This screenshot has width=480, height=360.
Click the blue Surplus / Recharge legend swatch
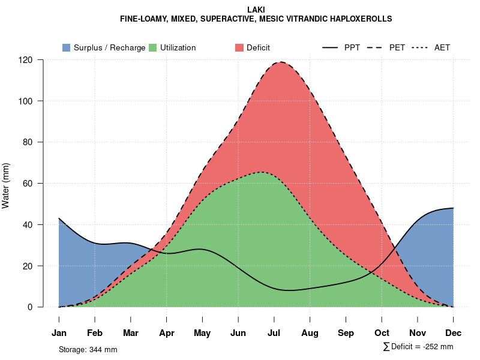pyautogui.click(x=66, y=47)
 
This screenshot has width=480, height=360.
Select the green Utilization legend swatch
pyautogui.click(x=152, y=47)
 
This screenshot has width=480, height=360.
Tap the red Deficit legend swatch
pyautogui.click(x=239, y=47)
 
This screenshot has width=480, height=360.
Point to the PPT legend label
pyautogui.click(x=352, y=47)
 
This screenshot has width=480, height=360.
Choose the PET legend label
pyautogui.click(x=397, y=47)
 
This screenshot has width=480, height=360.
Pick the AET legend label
pyautogui.click(x=442, y=47)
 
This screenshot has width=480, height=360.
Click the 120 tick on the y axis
pyautogui.click(x=25, y=60)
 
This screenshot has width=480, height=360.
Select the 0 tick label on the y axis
pyautogui.click(x=29, y=307)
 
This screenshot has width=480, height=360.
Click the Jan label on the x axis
pyautogui.click(x=59, y=333)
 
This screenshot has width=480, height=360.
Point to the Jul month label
pyautogui.click(x=274, y=333)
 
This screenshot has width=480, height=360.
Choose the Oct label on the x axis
pyautogui.click(x=382, y=333)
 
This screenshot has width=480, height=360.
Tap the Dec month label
pyautogui.click(x=453, y=333)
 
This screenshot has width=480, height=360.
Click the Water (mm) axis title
pyautogui.click(x=6, y=185)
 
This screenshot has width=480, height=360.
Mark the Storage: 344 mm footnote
pyautogui.click(x=88, y=349)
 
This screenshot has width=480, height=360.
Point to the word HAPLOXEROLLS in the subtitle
pyautogui.click(x=360, y=19)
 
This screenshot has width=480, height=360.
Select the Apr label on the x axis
pyautogui.click(x=167, y=333)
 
